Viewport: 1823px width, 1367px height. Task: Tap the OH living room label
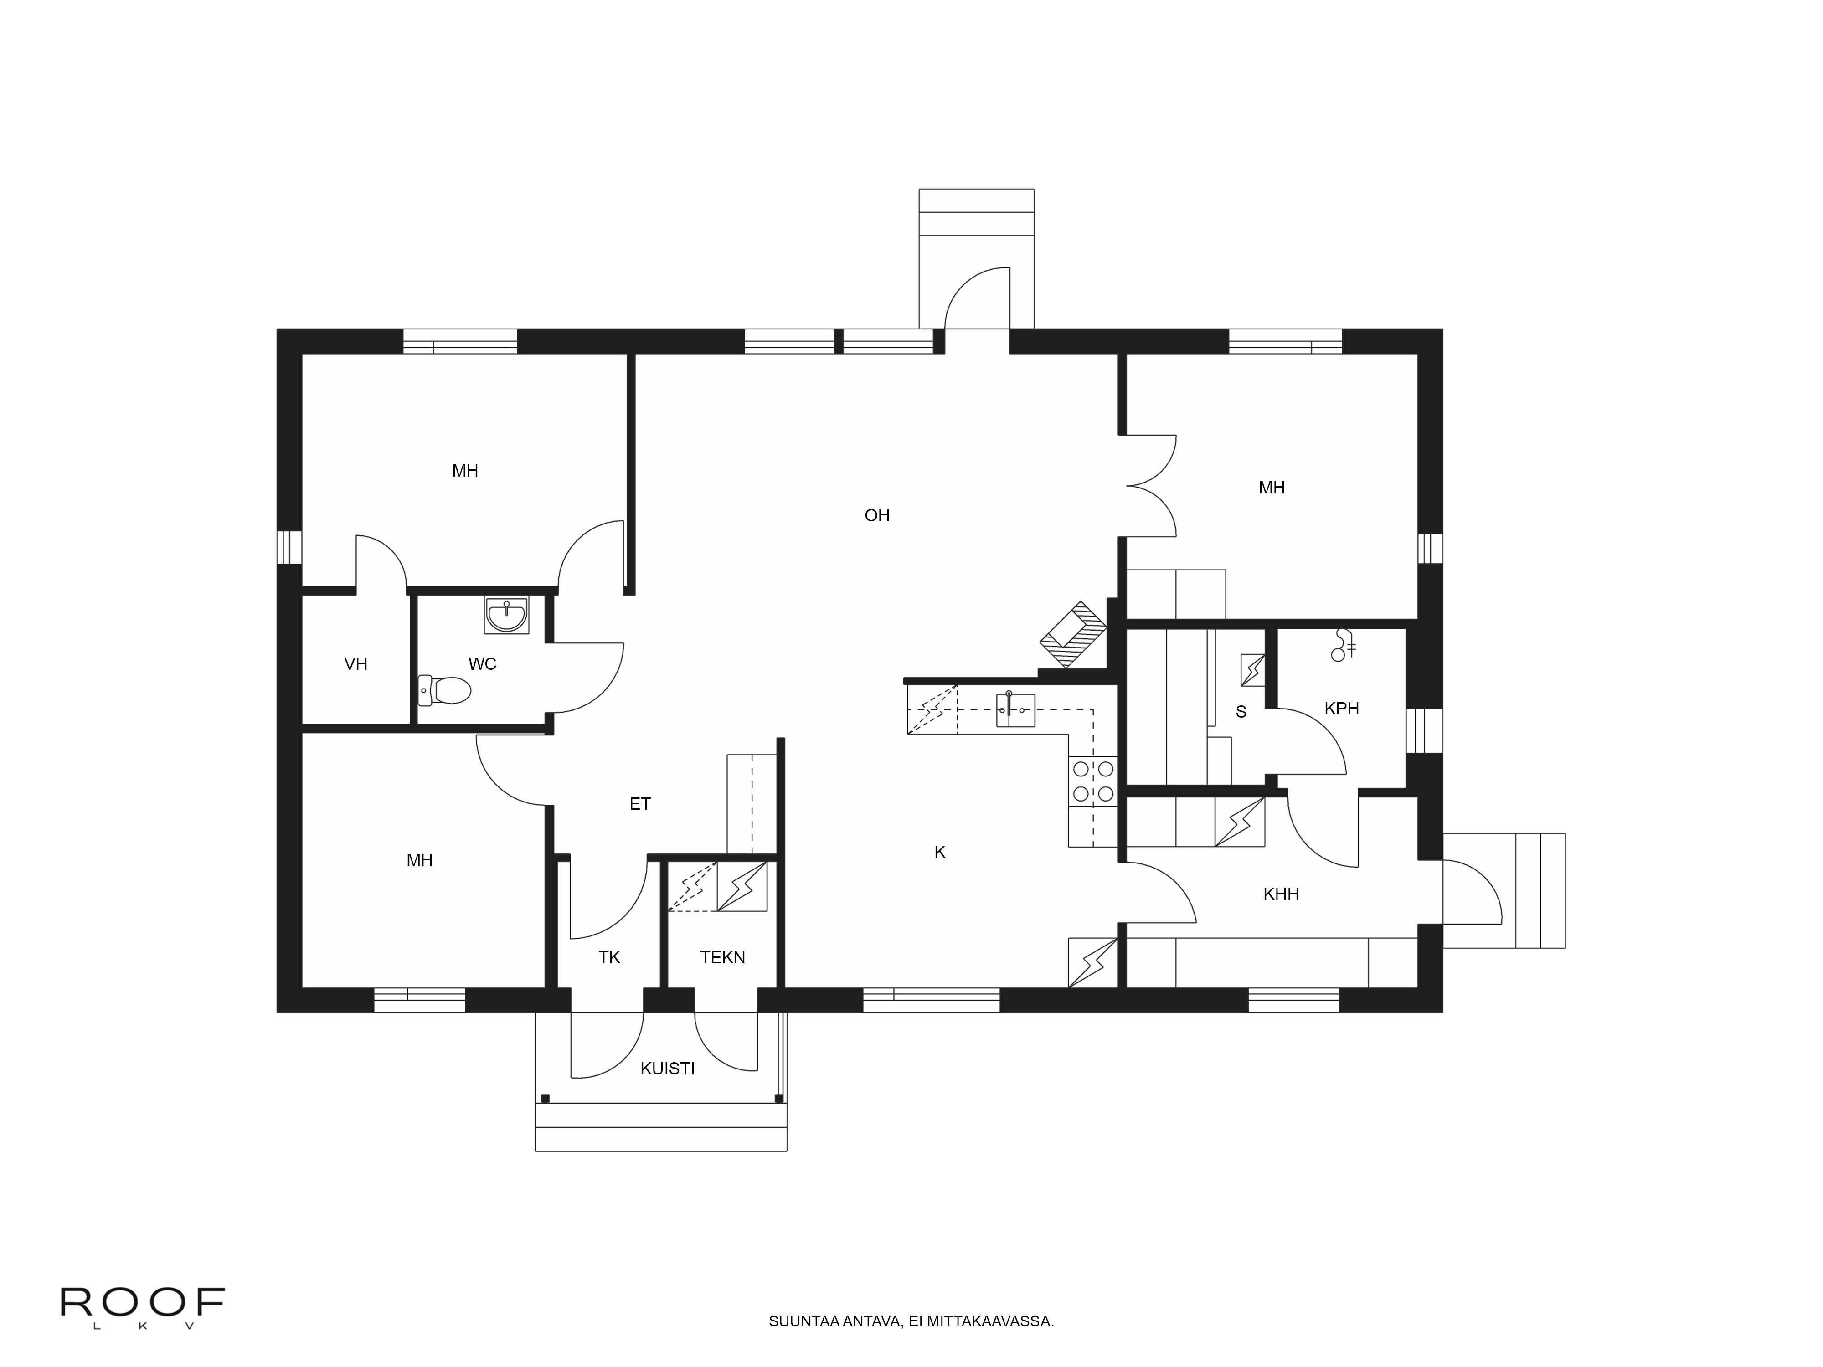pos(877,516)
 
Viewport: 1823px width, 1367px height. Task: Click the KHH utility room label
pos(1281,894)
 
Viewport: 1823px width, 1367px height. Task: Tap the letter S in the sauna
pos(1241,712)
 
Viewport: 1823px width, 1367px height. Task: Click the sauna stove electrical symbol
pos(1253,670)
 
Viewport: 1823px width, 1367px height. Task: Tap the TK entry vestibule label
pos(609,957)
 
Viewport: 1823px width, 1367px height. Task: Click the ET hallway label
pos(640,804)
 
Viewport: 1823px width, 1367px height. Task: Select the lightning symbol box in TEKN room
pos(742,887)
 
